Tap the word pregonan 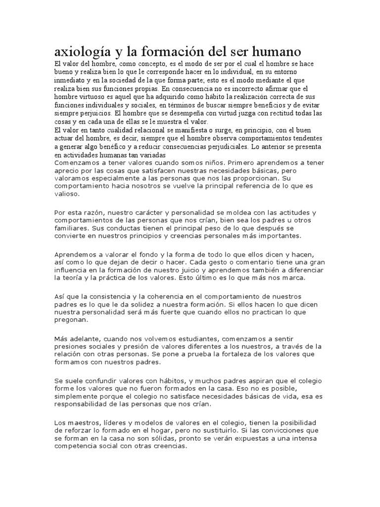pyautogui.click(x=71, y=320)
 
